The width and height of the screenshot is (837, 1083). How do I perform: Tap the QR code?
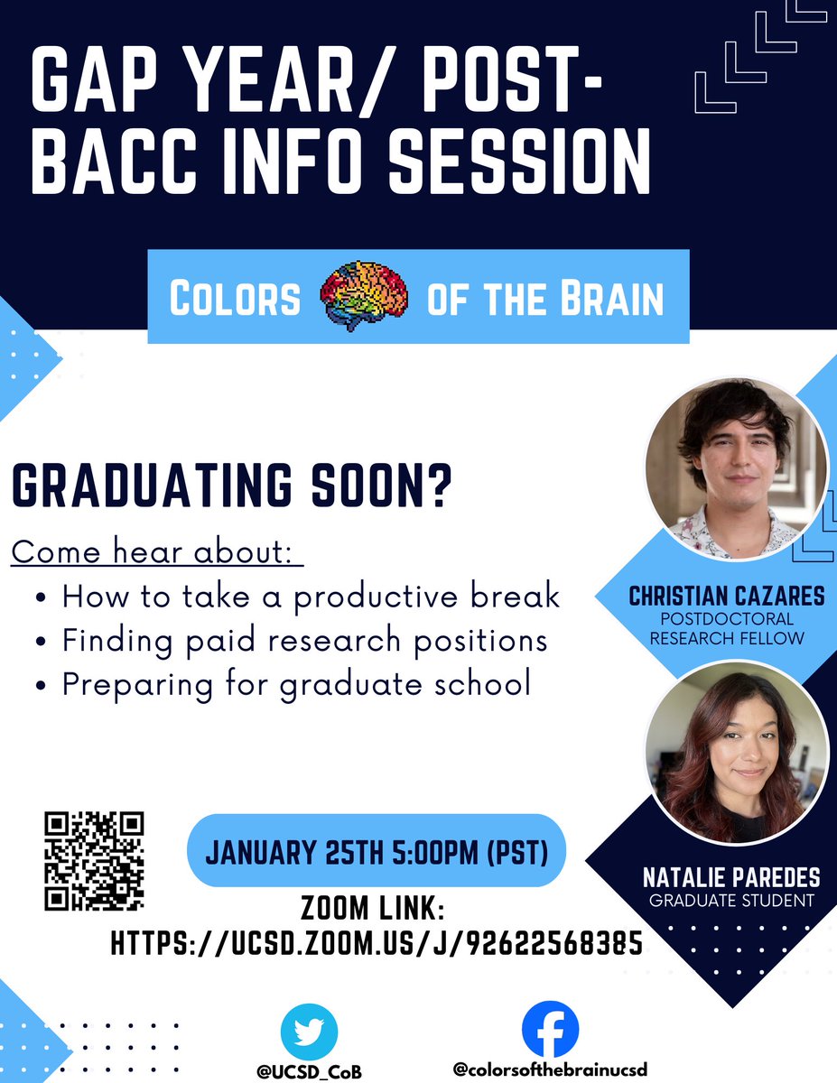click(x=94, y=860)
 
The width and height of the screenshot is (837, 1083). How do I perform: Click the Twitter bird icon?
click(x=310, y=1030)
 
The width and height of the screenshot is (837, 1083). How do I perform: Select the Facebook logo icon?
click(x=550, y=1030)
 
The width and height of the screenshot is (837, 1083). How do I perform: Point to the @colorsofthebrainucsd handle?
click(x=550, y=1068)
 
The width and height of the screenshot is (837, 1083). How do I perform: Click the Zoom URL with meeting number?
click(x=377, y=944)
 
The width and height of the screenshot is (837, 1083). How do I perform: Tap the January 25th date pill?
click(x=376, y=852)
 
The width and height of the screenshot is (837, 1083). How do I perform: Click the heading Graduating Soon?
click(x=230, y=490)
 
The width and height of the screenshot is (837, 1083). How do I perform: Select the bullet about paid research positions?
click(x=304, y=640)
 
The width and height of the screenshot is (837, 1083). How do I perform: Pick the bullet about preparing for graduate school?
click(x=296, y=684)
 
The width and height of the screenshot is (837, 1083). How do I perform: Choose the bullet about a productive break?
click(x=311, y=597)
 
